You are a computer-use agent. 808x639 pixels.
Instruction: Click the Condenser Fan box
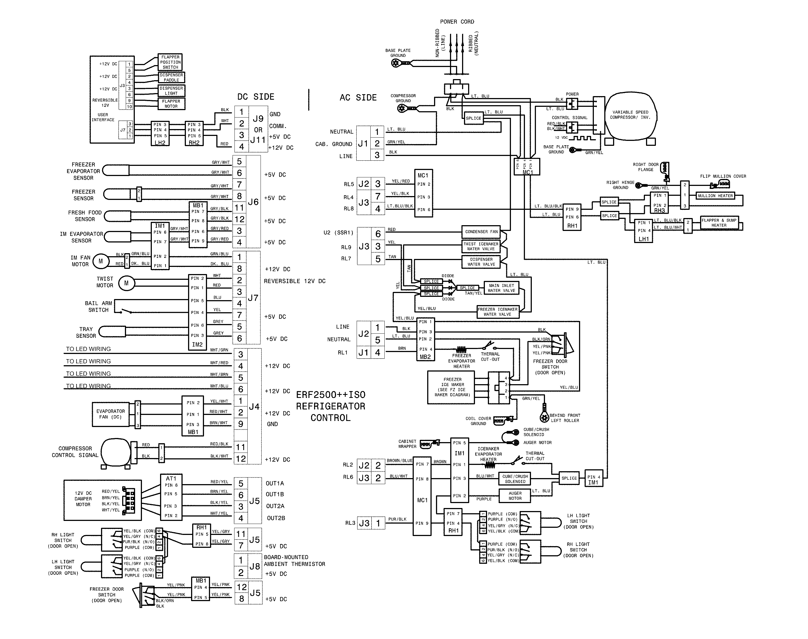point(481,231)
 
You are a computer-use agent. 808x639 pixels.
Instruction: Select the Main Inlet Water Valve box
point(501,288)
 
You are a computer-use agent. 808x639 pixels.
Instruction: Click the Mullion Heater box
point(715,196)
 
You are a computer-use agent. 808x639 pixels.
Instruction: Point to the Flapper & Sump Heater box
point(718,223)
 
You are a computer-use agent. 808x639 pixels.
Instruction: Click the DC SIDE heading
point(256,97)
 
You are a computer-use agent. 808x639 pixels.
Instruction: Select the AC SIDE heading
point(358,98)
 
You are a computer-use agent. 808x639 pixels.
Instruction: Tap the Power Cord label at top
point(457,22)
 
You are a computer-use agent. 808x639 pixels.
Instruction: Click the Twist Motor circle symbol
point(126,283)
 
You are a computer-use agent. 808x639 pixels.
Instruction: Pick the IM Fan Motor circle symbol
point(100,261)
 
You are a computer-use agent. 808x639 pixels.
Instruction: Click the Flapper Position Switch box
point(170,62)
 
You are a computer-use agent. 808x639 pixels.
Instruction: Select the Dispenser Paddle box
point(171,77)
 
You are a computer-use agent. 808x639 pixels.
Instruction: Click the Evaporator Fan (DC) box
point(110,414)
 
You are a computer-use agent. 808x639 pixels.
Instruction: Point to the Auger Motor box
point(515,496)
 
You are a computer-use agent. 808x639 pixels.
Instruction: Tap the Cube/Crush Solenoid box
point(515,479)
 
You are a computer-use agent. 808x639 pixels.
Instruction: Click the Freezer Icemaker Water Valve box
point(497,312)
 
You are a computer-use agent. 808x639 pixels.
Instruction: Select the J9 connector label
point(258,119)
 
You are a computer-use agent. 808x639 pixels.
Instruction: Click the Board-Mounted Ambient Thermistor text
point(294,560)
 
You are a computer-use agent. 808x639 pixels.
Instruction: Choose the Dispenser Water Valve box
point(481,261)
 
